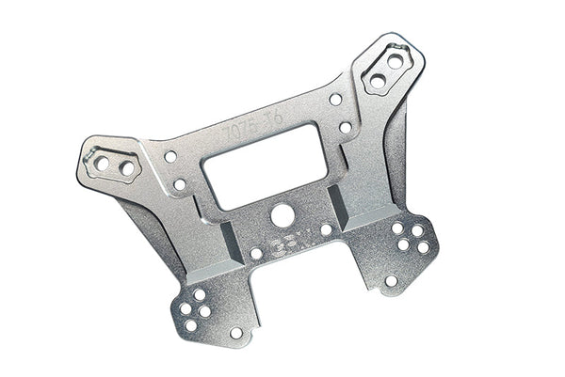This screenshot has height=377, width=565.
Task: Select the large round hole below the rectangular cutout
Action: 280,215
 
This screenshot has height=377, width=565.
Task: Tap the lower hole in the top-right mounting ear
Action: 378,81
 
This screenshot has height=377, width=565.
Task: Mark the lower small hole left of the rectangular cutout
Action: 179,184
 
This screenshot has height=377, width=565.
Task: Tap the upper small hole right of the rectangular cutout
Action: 335,98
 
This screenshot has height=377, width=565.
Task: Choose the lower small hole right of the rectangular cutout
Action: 346,126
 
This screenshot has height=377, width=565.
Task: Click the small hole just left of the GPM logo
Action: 256,253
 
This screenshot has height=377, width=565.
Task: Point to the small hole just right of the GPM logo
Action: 326,229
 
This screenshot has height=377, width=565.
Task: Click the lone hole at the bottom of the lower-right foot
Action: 391,279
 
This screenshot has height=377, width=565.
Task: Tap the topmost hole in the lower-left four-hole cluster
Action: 201,294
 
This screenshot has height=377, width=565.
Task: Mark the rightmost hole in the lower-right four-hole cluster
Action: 423,246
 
